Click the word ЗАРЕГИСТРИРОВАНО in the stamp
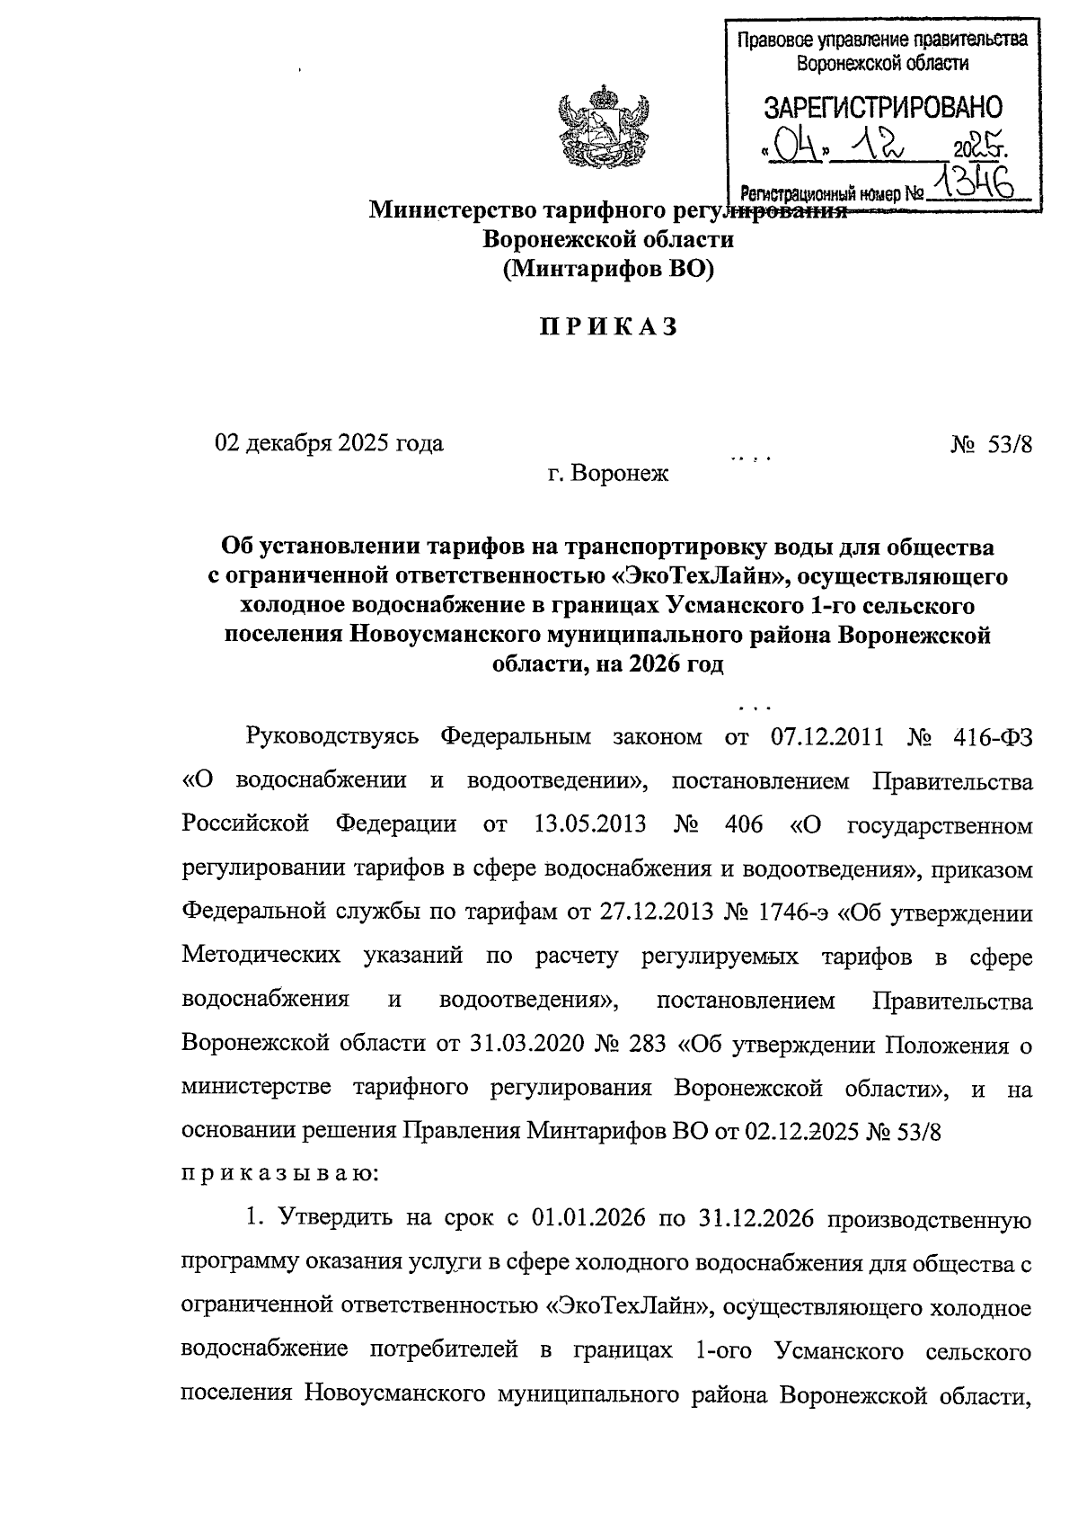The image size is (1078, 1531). click(883, 108)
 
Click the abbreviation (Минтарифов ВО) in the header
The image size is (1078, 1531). click(607, 268)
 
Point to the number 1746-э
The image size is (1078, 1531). click(787, 912)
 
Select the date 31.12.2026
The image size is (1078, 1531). click(755, 1219)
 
